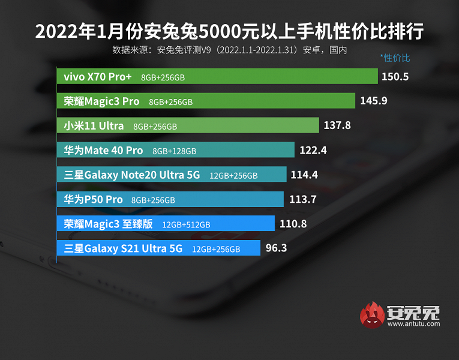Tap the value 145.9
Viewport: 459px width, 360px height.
pos(374,101)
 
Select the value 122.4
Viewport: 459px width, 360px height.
pos(313,150)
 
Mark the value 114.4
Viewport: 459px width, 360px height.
pos(304,175)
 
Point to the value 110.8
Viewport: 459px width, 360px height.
pos(293,224)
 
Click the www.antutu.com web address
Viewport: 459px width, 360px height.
pos(413,324)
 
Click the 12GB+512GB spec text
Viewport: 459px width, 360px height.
pos(186,224)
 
